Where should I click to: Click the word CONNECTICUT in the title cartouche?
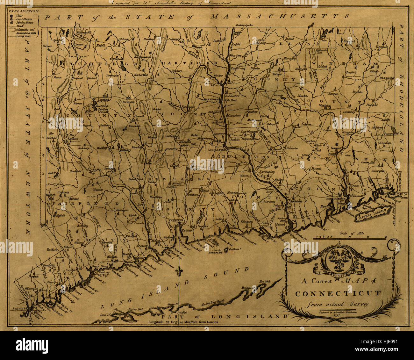pos(338,293)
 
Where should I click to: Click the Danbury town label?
pos(63,192)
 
